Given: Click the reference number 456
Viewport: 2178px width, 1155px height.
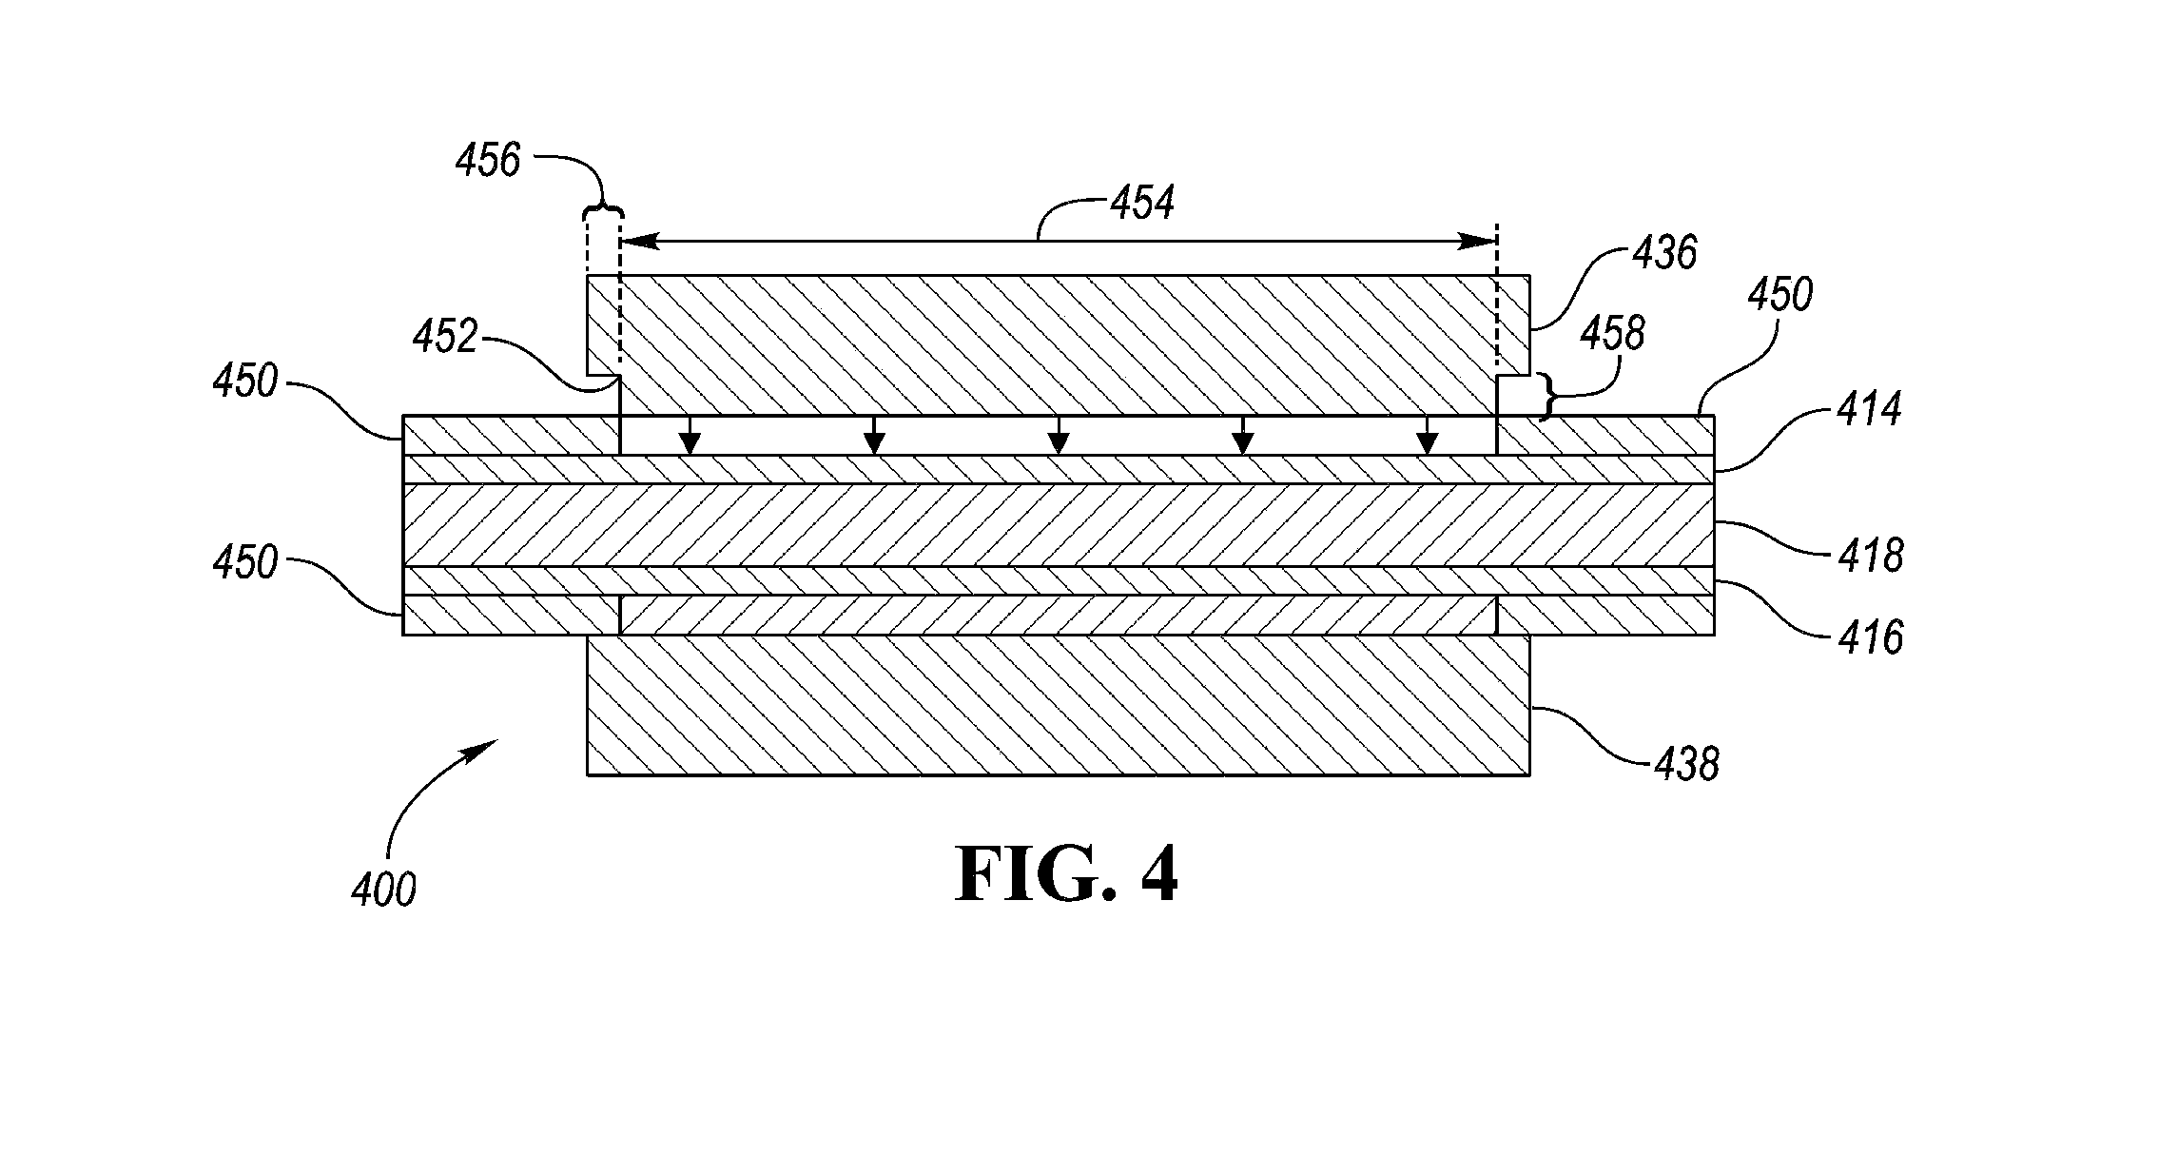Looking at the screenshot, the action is (x=488, y=161).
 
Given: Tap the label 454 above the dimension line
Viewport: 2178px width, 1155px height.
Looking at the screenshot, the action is (x=1141, y=203).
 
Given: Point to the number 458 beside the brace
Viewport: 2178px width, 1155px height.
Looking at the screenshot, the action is (x=1612, y=334).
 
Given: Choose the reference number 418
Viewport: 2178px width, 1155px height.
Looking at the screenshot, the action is (x=1870, y=556).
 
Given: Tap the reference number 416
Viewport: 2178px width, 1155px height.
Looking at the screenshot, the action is (x=1870, y=636).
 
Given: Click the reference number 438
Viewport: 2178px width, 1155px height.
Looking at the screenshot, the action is (x=1686, y=764).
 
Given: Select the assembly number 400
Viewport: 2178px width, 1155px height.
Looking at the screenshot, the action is (x=383, y=891).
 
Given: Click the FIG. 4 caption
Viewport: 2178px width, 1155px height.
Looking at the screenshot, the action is (x=1067, y=875).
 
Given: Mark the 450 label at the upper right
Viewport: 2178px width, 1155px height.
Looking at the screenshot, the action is (x=1780, y=295).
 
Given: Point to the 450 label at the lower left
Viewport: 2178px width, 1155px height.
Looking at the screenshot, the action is (x=245, y=562).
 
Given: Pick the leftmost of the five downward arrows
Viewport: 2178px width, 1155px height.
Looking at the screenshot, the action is (x=690, y=436).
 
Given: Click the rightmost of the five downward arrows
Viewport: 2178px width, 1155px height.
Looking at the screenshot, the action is (x=1426, y=436).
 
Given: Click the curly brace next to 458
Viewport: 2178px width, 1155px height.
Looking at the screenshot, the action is (x=1547, y=397).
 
